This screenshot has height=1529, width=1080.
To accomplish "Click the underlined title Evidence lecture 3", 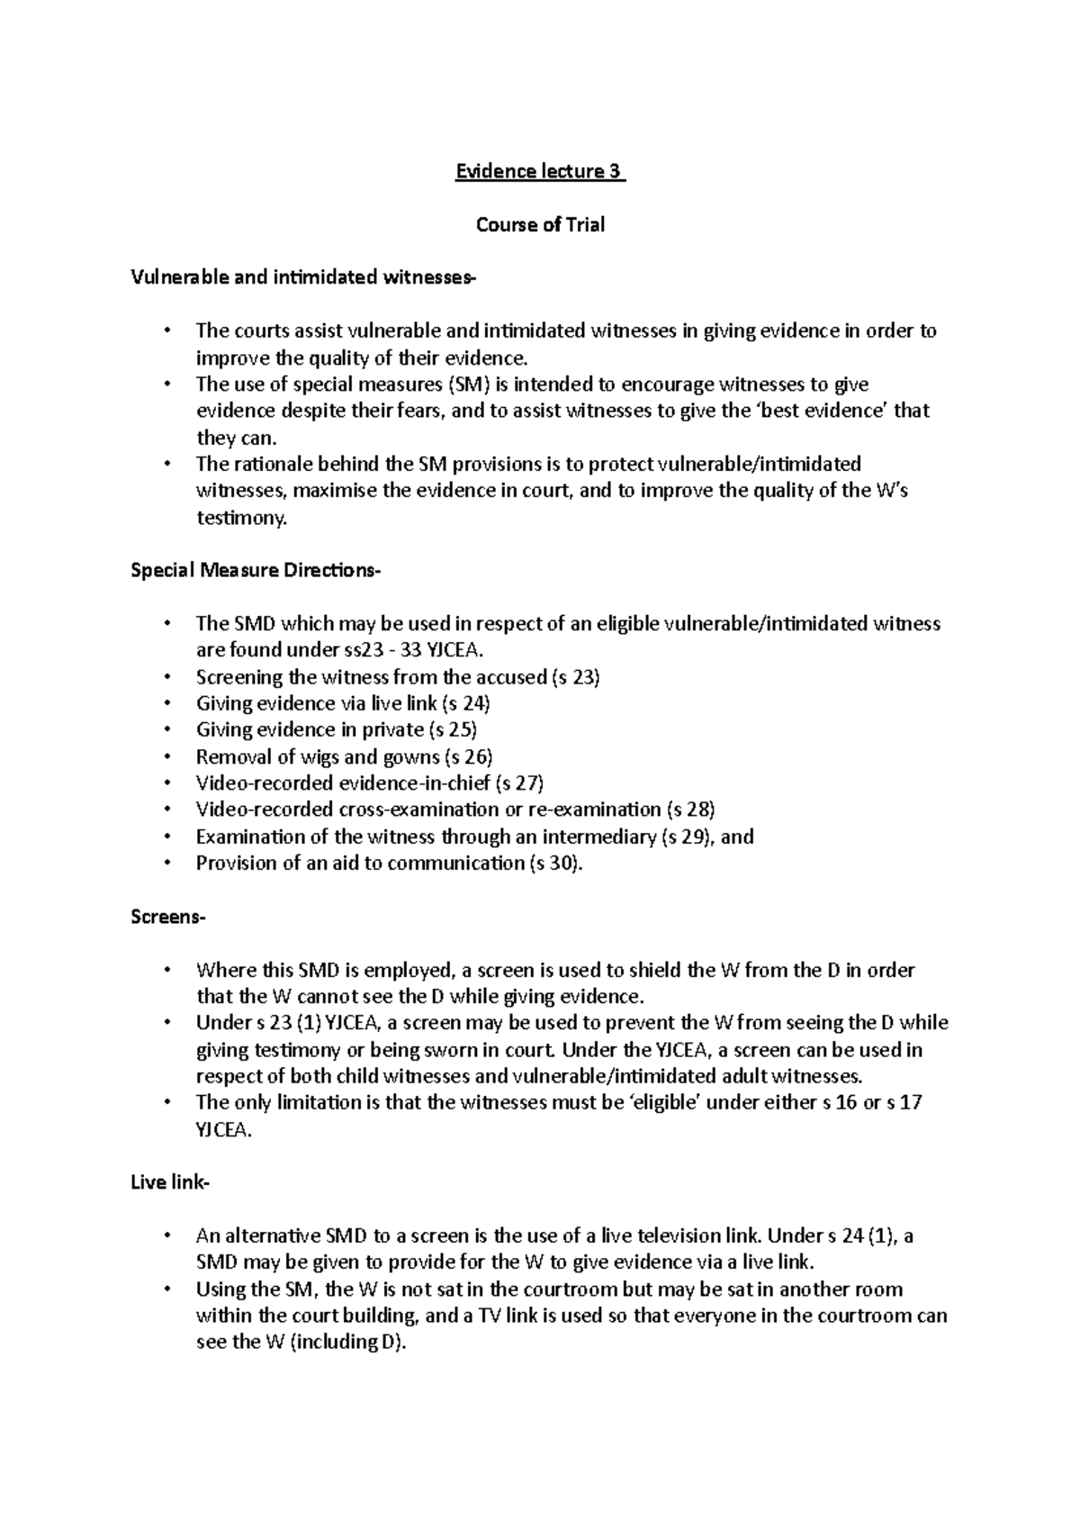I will [539, 171].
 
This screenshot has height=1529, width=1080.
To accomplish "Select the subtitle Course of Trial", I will [540, 224].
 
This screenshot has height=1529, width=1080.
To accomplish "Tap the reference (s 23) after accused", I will [574, 676].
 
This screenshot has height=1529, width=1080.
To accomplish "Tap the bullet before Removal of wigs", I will [167, 756].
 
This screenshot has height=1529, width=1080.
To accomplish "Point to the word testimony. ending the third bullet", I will [241, 518].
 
